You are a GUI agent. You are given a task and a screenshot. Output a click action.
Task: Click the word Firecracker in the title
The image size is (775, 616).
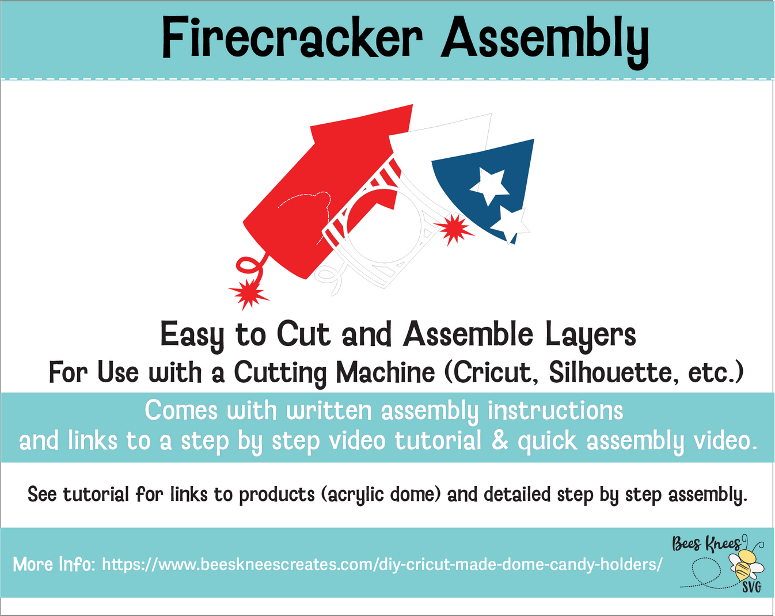(292, 38)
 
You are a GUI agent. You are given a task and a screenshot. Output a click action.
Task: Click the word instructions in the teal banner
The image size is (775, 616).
(555, 411)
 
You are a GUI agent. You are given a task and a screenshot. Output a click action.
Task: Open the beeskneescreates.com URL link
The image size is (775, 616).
(382, 564)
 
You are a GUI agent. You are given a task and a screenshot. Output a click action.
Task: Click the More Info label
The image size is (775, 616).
(54, 564)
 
